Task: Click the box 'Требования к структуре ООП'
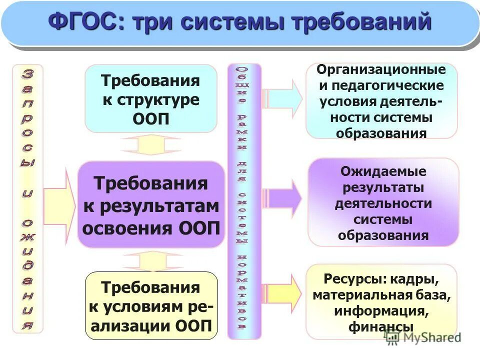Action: click(151, 98)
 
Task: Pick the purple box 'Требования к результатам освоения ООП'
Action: click(151, 205)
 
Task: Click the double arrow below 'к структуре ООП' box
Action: click(143, 145)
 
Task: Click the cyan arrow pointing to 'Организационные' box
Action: click(283, 98)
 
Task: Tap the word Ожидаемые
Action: click(383, 171)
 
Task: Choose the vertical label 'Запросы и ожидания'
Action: click(27, 199)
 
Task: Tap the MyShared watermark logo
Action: click(422, 337)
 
